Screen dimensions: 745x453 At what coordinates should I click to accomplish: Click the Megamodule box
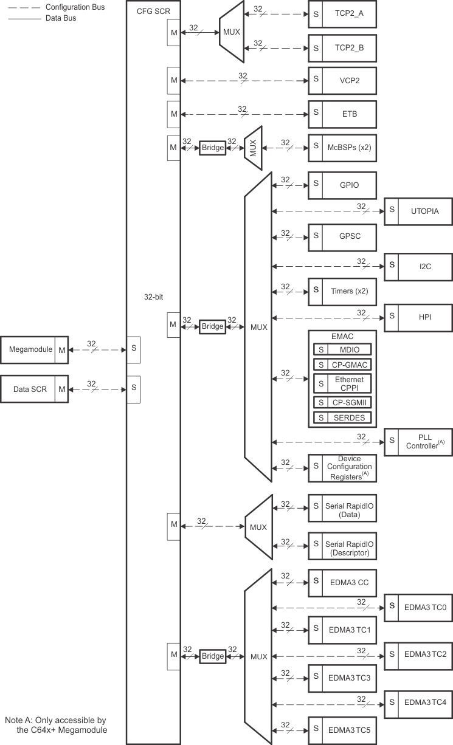[x=34, y=350]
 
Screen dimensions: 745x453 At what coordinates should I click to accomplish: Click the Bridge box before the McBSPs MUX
[x=213, y=147]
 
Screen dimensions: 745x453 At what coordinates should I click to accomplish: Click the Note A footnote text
[x=56, y=724]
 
